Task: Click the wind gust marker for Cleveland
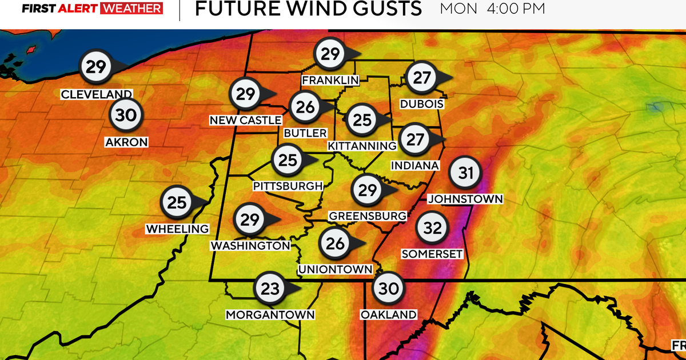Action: pos(95,67)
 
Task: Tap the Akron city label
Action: pos(126,142)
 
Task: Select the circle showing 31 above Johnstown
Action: pos(466,173)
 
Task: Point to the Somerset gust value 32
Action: pos(432,228)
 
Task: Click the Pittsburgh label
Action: pos(288,186)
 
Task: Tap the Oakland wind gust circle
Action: pos(388,289)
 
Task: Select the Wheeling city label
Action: pos(178,229)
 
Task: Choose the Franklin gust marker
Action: pos(330,54)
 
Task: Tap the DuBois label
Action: pos(422,105)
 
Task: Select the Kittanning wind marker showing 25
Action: pos(362,119)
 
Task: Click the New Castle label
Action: pos(245,120)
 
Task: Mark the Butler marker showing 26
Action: pos(305,106)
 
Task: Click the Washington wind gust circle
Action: pos(250,219)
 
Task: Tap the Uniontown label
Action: pos(335,269)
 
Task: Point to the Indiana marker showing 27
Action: pos(415,139)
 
